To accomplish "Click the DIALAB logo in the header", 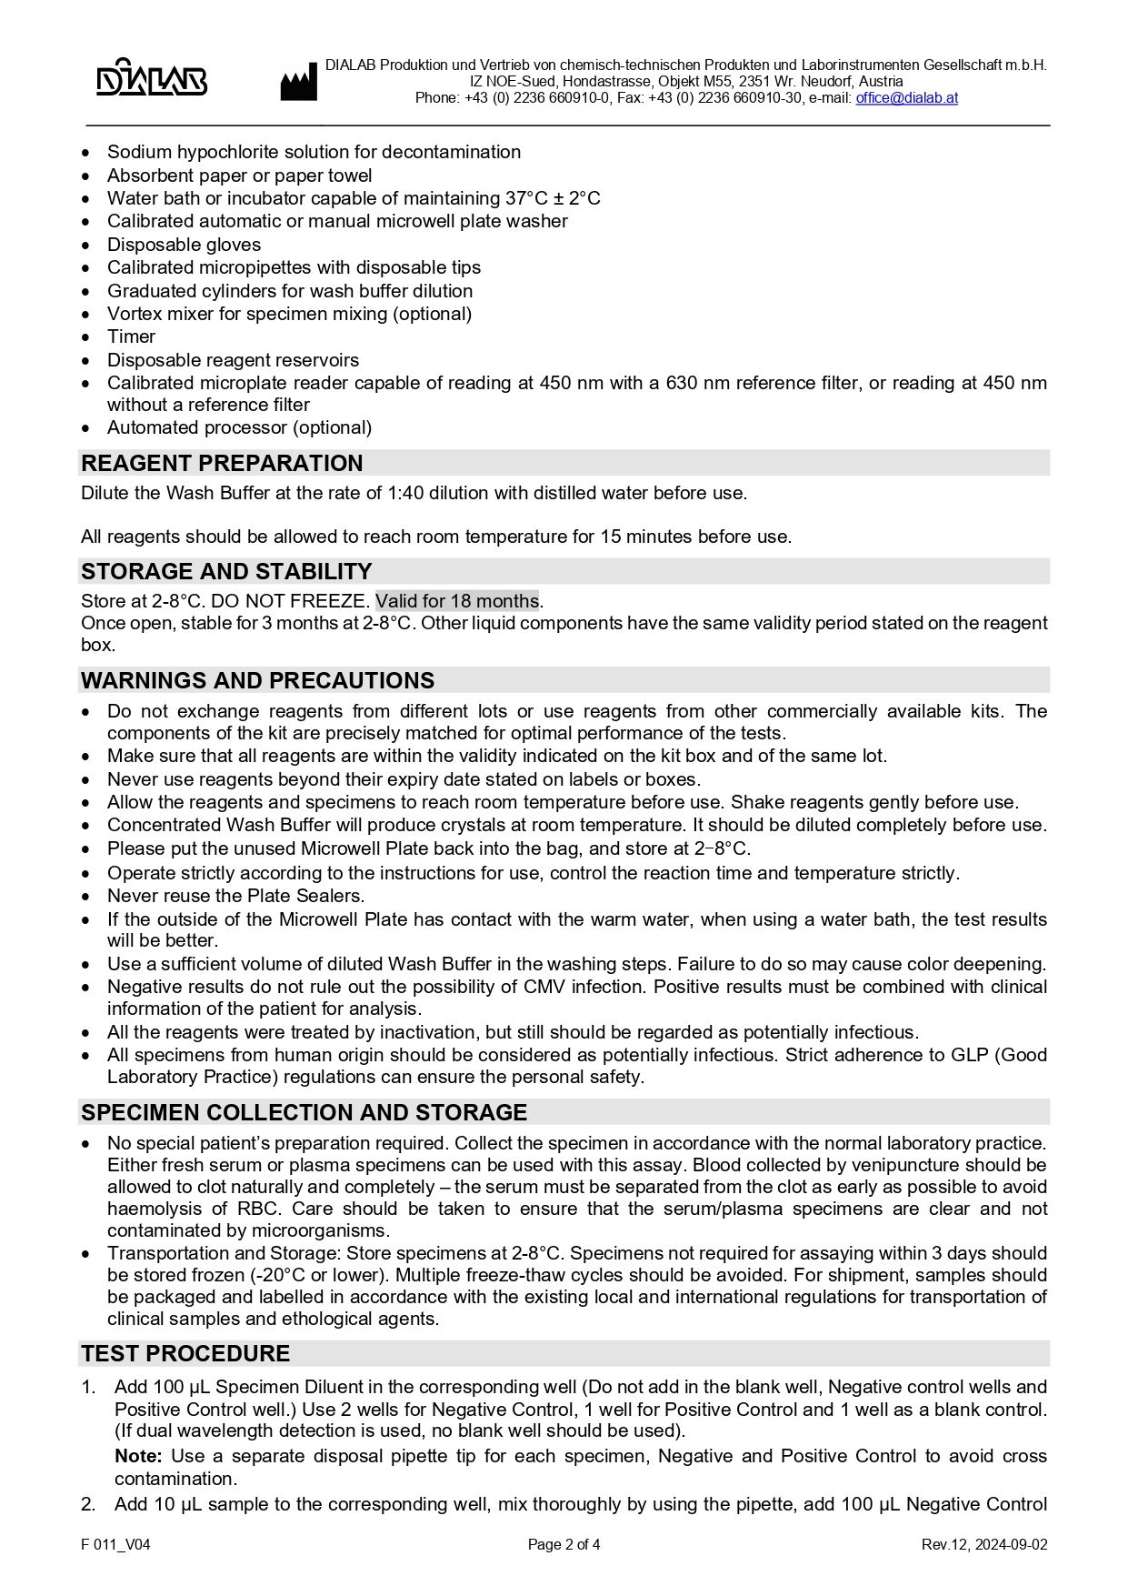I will click(151, 79).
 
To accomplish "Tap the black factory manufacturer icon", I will click(298, 83).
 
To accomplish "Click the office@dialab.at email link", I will click(906, 98).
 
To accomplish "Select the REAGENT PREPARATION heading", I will click(222, 463).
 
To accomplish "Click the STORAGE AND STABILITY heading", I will click(226, 571).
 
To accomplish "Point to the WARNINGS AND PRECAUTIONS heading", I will click(257, 680).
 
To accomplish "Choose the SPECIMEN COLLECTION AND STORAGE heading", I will click(304, 1112).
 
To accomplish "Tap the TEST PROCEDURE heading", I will click(185, 1353).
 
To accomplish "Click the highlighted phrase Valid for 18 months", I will click(457, 601).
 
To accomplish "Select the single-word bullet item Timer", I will click(131, 336).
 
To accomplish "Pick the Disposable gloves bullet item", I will click(184, 245).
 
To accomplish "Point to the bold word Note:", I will click(138, 1456).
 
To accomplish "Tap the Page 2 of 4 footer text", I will click(564, 1544).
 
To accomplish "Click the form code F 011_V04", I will click(115, 1544).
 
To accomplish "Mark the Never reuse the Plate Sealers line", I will click(235, 896).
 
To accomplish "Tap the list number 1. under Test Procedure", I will click(88, 1387).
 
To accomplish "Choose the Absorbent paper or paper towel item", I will click(239, 176).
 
